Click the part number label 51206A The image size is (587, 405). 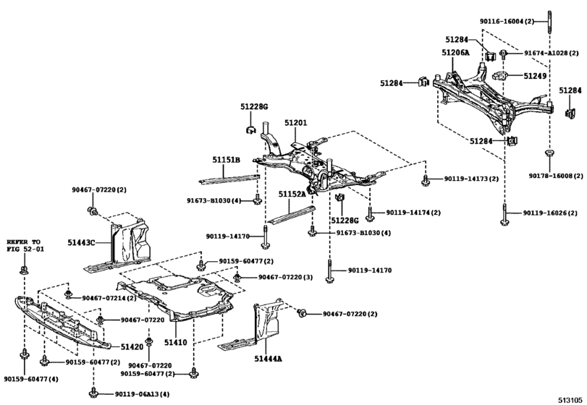point(456,54)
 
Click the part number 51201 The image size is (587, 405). point(295,124)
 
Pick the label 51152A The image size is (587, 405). point(293,194)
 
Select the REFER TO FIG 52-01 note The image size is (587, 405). point(25,245)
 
